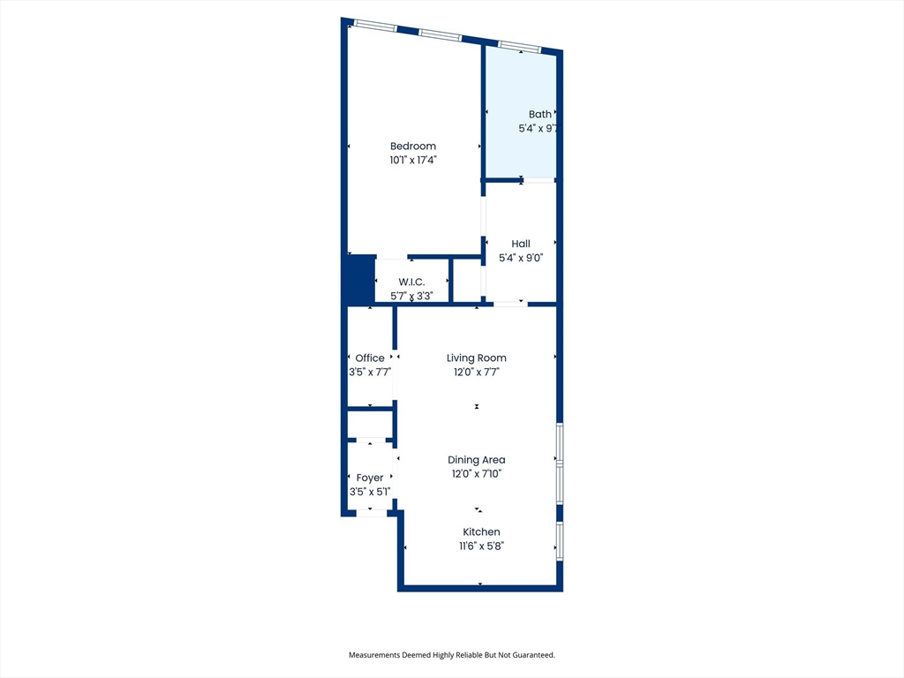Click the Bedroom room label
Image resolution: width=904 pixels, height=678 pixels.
tap(413, 147)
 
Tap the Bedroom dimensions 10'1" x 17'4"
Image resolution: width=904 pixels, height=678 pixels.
tap(413, 161)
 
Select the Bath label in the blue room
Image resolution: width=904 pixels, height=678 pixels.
tap(539, 114)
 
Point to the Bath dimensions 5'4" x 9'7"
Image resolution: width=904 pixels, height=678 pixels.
tap(539, 128)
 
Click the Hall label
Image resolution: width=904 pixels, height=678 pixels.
tap(521, 244)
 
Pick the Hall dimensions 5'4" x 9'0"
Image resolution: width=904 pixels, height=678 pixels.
tap(521, 258)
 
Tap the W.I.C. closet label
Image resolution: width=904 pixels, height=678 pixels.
tap(411, 282)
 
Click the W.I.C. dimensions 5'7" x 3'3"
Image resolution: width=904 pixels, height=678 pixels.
tap(411, 296)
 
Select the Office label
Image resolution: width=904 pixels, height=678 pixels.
tap(370, 358)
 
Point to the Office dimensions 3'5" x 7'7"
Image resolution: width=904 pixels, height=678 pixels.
tap(370, 373)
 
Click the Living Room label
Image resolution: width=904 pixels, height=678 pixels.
tap(477, 358)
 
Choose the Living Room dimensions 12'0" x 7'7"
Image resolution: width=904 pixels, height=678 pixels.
tap(477, 373)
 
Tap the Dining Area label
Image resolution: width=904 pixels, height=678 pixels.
tap(477, 460)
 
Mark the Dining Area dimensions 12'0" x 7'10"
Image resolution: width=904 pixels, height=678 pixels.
tap(477, 474)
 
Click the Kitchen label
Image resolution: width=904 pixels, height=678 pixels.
tap(482, 532)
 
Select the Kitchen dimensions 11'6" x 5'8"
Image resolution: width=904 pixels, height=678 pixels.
tap(481, 546)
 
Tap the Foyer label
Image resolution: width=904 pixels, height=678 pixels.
tap(370, 478)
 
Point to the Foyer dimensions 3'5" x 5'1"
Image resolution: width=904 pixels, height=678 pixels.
tap(370, 493)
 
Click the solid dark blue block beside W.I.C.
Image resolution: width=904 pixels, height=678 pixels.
tap(358, 280)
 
